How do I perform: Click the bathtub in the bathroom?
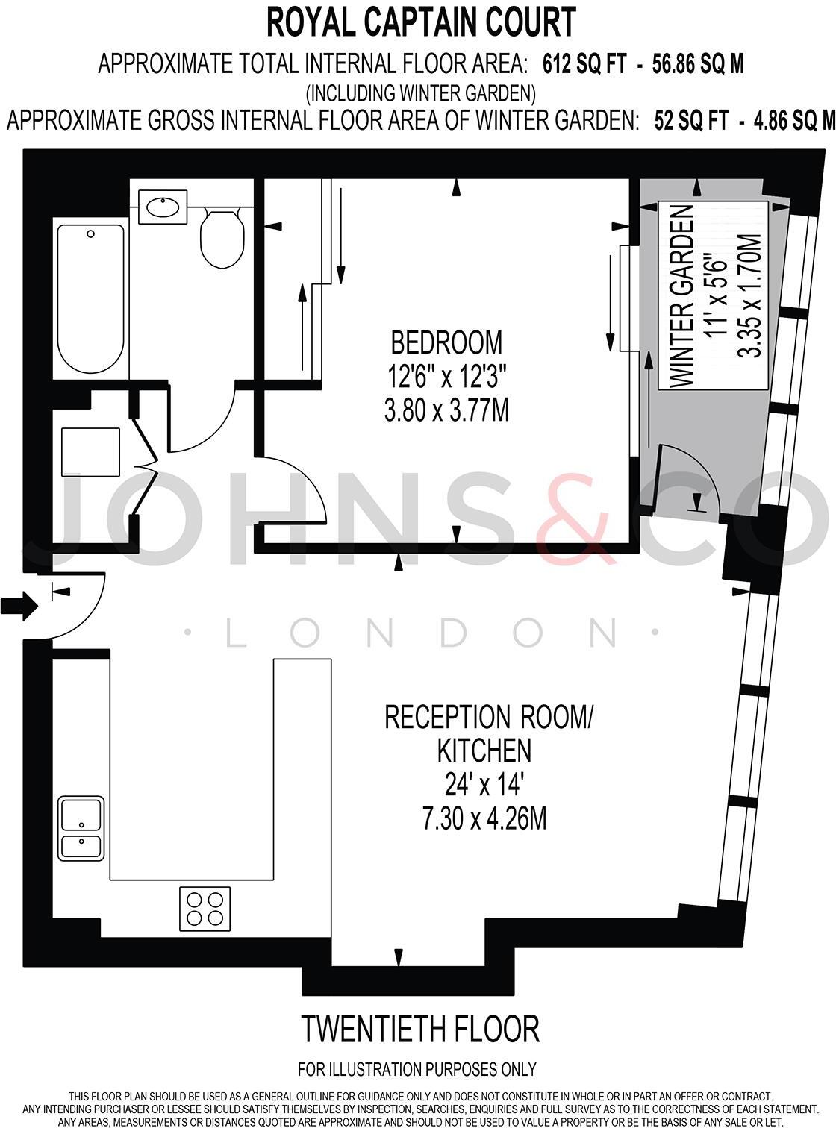pos(90,298)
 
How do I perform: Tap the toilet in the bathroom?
pos(222,237)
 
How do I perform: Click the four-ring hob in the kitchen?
pos(205,908)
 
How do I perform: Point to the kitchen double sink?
pos(81,829)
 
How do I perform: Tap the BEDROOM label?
pos(446,342)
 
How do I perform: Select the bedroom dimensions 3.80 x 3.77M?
pos(446,410)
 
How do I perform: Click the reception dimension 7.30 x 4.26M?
pos(484,819)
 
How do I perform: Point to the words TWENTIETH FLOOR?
pos(419,1029)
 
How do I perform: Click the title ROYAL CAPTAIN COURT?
pos(421,22)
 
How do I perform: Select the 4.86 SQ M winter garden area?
pos(793,120)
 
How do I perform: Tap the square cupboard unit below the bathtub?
pos(90,452)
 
